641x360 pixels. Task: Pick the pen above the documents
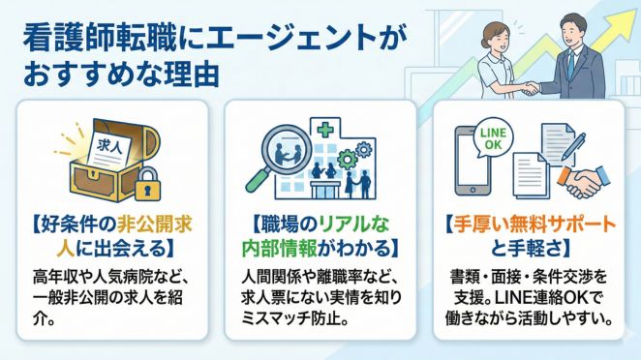571,143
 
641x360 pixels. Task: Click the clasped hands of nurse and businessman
528,88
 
